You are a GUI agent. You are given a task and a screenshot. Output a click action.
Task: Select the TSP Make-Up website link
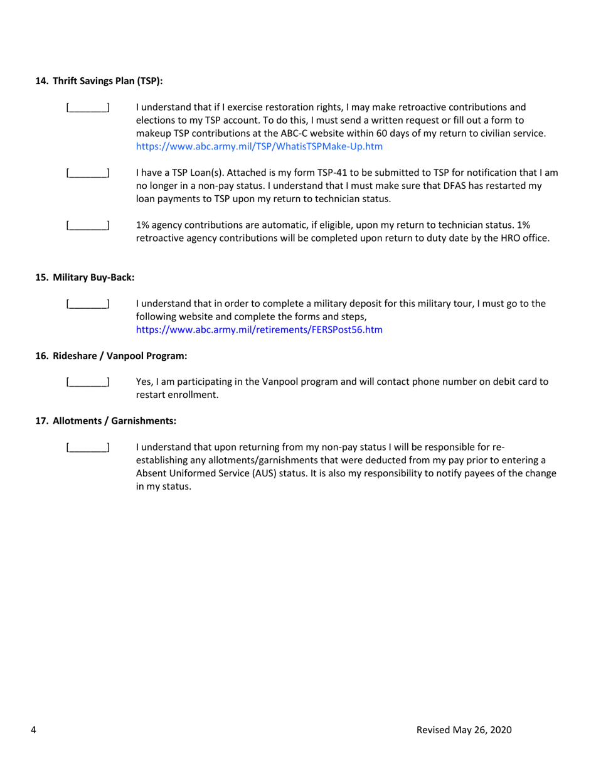click(x=259, y=146)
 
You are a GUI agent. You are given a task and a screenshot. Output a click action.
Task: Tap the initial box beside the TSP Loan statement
click(x=88, y=173)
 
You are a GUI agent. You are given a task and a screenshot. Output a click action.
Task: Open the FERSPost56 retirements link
click(x=259, y=330)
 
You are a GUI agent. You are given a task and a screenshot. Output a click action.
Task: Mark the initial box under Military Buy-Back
click(x=88, y=304)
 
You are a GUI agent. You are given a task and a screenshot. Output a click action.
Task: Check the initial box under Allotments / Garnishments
click(x=88, y=448)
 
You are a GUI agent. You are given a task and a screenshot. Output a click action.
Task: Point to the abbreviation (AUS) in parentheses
click(x=265, y=474)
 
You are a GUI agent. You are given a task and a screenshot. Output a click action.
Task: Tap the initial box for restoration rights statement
click(x=88, y=107)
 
